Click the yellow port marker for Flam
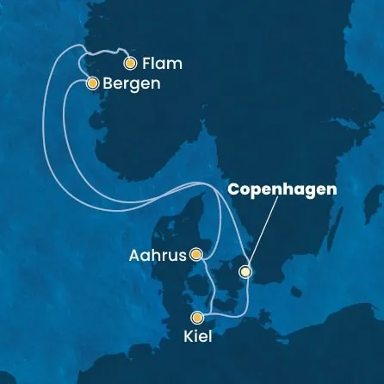130,63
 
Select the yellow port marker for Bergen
91,84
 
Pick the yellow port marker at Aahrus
197,254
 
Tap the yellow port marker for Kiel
198,316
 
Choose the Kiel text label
196,337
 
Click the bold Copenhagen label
282,189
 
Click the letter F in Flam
147,63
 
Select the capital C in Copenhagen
233,189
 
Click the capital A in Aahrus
133,254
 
